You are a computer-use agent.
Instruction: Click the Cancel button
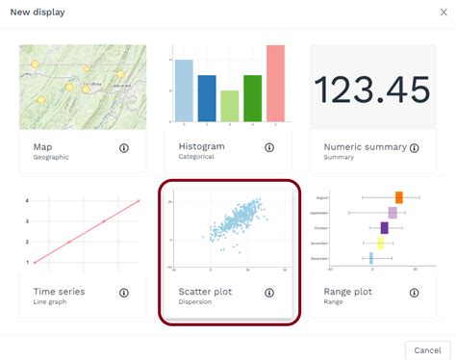click(x=427, y=348)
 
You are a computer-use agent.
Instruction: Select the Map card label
click(x=43, y=146)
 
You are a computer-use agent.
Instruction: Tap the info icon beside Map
click(x=124, y=148)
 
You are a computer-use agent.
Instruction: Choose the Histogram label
click(x=202, y=146)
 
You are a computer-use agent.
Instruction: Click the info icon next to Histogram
click(x=269, y=148)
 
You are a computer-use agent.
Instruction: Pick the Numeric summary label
click(x=364, y=146)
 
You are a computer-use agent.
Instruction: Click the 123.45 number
click(x=372, y=90)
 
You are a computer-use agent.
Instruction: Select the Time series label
click(x=59, y=291)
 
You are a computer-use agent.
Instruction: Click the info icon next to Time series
click(x=124, y=293)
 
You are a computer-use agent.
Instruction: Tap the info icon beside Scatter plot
click(x=269, y=293)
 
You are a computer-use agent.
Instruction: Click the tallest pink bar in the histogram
click(x=275, y=83)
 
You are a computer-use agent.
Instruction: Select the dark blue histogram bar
click(x=206, y=97)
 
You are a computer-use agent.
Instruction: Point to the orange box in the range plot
click(x=398, y=197)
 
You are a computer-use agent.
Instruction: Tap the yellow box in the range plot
click(x=380, y=244)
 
